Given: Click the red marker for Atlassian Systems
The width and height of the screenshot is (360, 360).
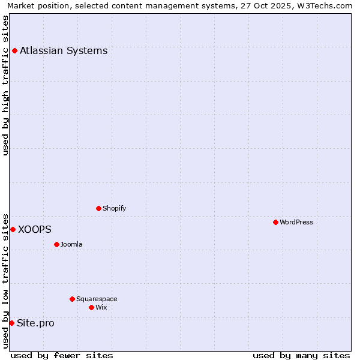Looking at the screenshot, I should pyautogui.click(x=14, y=50).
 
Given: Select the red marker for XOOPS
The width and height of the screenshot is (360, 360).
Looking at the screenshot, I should pyautogui.click(x=13, y=229).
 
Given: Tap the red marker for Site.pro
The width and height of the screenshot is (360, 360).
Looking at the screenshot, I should pyautogui.click(x=11, y=323).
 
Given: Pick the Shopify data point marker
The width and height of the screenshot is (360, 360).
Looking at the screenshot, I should pyautogui.click(x=99, y=208).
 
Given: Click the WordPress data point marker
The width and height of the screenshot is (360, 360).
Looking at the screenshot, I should pyautogui.click(x=275, y=222).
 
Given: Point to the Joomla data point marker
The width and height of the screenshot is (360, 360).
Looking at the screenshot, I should pyautogui.click(x=57, y=244).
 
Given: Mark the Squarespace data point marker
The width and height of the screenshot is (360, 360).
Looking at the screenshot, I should pyautogui.click(x=72, y=299).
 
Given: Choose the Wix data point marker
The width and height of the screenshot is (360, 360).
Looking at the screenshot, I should pyautogui.click(x=91, y=307).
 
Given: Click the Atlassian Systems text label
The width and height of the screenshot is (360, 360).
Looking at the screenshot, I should pyautogui.click(x=64, y=50).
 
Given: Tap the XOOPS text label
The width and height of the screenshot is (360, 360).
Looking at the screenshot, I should pyautogui.click(x=35, y=229).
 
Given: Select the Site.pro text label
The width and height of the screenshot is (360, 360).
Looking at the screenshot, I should pyautogui.click(x=35, y=323).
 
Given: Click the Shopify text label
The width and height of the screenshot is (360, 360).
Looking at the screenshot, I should pyautogui.click(x=114, y=208).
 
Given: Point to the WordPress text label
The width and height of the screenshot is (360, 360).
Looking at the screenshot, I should pyautogui.click(x=296, y=222).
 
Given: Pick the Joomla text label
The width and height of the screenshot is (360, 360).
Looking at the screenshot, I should pyautogui.click(x=71, y=244).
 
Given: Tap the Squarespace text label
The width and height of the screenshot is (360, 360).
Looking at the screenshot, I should pyautogui.click(x=97, y=299).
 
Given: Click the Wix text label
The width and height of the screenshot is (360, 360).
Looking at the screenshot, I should pyautogui.click(x=101, y=307).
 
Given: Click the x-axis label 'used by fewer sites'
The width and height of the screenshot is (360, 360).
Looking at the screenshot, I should pyautogui.click(x=62, y=355).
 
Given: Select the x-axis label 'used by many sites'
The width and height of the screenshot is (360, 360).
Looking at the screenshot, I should pyautogui.click(x=301, y=355).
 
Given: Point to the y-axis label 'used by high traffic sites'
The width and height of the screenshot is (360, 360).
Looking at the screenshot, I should pyautogui.click(x=5, y=85).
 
